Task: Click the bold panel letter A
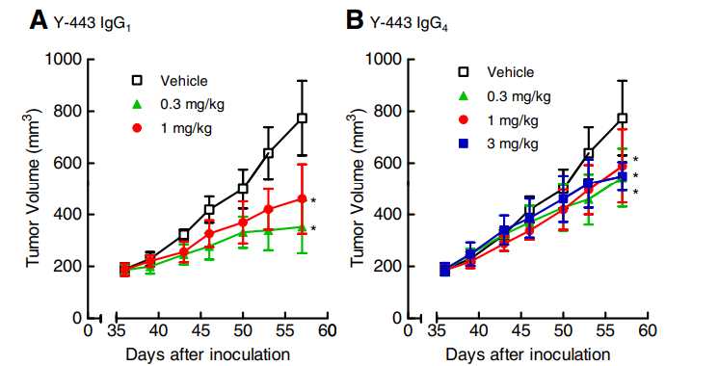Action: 13,18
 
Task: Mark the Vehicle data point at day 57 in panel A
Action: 302,118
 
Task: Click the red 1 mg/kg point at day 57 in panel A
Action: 302,198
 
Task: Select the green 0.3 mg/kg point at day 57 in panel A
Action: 302,226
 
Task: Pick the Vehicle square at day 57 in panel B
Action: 622,118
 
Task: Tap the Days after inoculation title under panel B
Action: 529,353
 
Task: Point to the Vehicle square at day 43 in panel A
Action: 183,234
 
